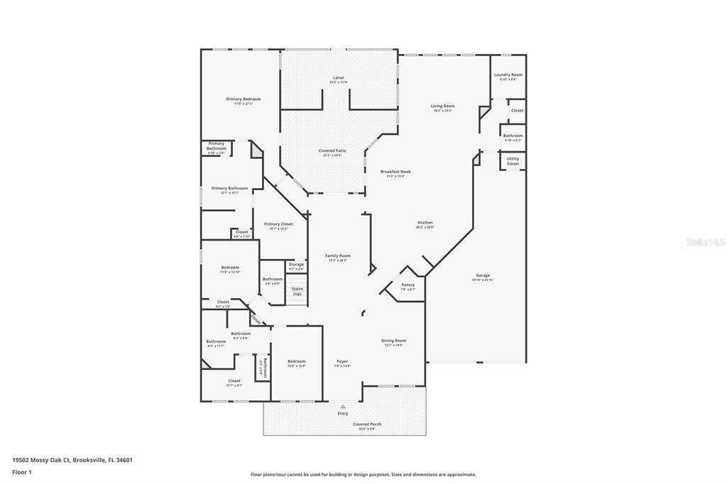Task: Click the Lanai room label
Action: pyautogui.click(x=338, y=77)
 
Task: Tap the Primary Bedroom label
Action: pyautogui.click(x=244, y=99)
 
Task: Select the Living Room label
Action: pyautogui.click(x=442, y=106)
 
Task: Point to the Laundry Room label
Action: pyautogui.click(x=508, y=75)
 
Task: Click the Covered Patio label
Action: pyautogui.click(x=332, y=150)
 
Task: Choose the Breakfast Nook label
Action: pyautogui.click(x=395, y=171)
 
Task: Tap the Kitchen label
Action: pyautogui.click(x=425, y=223)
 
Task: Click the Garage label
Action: pyautogui.click(x=483, y=275)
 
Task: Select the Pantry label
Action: pyautogui.click(x=408, y=285)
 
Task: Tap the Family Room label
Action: pyautogui.click(x=338, y=255)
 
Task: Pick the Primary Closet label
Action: pyautogui.click(x=278, y=224)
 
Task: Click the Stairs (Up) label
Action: pyautogui.click(x=297, y=291)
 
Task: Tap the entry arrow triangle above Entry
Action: pyautogui.click(x=343, y=407)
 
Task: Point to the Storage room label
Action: pyautogui.click(x=296, y=264)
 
